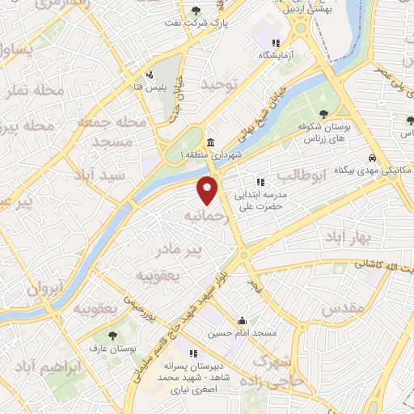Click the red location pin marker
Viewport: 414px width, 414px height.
click(x=209, y=190)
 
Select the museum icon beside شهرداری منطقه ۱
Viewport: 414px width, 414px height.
click(x=209, y=142)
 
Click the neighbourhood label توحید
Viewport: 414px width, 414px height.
click(x=222, y=85)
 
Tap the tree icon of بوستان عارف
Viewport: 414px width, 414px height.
click(x=112, y=334)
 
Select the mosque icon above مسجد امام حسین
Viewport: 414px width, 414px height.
click(x=242, y=320)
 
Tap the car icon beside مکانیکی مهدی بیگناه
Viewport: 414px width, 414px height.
click(x=371, y=158)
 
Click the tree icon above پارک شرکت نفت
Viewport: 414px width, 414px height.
click(x=196, y=11)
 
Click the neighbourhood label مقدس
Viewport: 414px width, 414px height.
click(x=339, y=309)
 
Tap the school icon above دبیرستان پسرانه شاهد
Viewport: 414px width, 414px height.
click(x=194, y=353)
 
